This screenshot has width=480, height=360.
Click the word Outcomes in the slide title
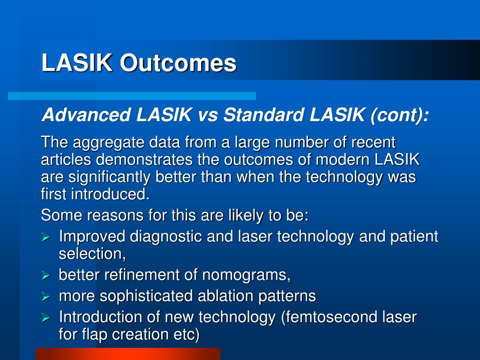click(178, 63)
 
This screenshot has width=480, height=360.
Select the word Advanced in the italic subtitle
click(86, 115)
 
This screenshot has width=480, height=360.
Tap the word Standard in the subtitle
click(263, 115)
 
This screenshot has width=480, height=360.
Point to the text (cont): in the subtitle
click(399, 115)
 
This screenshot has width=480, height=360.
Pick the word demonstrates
click(144, 159)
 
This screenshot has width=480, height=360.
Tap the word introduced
click(110, 195)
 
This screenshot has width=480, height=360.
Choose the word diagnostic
click(165, 237)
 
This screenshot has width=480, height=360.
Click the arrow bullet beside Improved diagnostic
click(45, 237)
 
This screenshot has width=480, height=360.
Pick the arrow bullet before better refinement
click(45, 276)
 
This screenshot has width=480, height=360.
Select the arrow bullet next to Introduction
click(45, 318)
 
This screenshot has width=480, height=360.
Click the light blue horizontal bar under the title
click(132, 96)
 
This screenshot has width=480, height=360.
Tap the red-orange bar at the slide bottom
click(128, 354)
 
